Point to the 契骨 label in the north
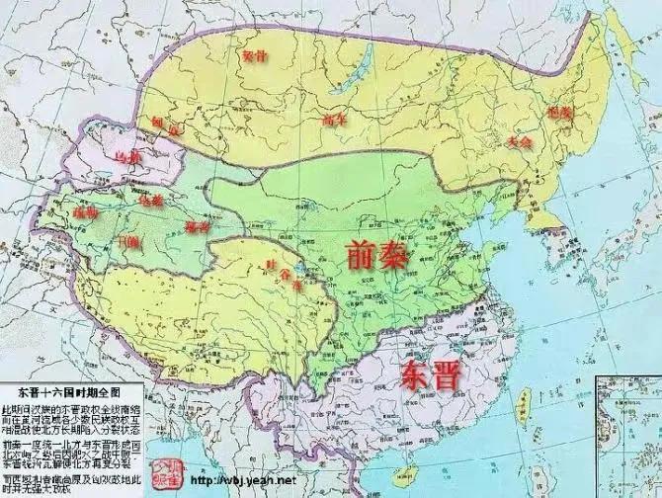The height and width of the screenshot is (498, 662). click(255, 56)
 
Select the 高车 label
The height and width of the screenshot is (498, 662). click(333, 120)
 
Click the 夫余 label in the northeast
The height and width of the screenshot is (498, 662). click(520, 141)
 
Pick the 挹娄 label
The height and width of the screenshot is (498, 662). click(559, 113)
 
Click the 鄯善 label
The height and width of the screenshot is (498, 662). click(198, 227)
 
